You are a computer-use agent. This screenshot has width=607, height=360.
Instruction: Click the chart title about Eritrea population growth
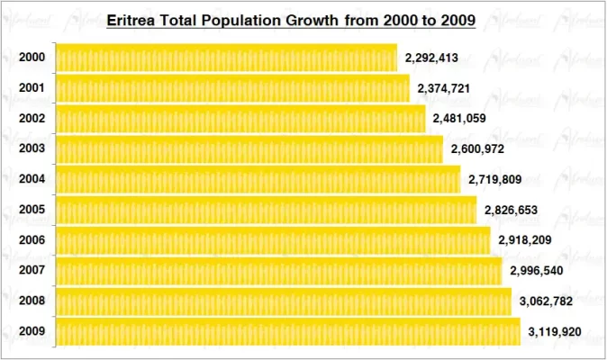292,19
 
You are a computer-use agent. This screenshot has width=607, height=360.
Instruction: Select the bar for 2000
226,58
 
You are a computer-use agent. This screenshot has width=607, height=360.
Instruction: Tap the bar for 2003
249,149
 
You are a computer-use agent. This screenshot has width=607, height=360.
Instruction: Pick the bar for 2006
273,240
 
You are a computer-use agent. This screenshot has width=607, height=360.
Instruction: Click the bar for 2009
288,332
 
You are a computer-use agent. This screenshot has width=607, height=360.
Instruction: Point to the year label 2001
32,88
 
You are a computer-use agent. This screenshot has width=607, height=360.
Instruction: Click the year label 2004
32,179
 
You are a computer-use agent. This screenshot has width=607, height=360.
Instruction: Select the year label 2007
32,271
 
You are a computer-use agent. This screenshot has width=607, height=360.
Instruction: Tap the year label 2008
32,301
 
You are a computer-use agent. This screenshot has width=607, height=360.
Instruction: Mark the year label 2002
32,119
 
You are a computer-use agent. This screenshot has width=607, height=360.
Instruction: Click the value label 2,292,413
431,58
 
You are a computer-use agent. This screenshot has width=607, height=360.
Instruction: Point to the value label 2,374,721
444,89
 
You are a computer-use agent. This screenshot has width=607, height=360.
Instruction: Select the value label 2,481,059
459,119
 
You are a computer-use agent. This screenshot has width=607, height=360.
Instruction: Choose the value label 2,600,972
477,149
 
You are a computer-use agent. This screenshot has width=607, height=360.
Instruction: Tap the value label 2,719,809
494,180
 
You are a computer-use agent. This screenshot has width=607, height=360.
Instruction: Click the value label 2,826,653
511,211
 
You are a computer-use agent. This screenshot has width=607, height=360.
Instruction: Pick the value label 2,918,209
524,240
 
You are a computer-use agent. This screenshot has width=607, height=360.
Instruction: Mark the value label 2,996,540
536,271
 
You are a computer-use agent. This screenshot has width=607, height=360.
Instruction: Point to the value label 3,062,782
546,301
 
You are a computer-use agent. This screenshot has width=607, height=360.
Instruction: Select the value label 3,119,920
555,332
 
